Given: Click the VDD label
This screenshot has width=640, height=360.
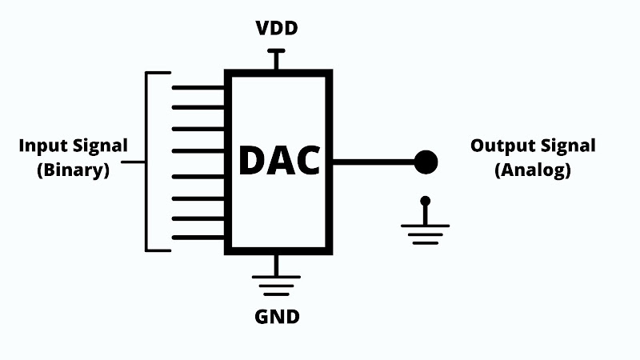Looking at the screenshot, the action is tap(277, 28).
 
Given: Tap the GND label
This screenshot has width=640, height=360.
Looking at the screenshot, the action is tap(277, 317).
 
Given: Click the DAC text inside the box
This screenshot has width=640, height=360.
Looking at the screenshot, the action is tap(279, 161).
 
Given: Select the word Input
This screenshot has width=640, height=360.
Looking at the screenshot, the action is tap(44, 146).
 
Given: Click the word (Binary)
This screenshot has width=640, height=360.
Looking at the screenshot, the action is tap(74, 170).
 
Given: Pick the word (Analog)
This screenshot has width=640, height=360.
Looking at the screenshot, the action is tap(533, 170).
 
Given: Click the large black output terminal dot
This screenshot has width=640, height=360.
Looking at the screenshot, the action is tap(426, 162).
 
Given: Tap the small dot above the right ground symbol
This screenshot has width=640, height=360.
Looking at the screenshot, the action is tap(426, 201).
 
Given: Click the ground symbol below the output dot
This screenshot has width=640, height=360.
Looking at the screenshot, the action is tap(426, 230).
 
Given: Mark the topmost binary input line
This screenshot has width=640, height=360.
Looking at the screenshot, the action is tap(198, 88).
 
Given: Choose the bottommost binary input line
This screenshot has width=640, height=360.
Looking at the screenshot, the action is tap(198, 238).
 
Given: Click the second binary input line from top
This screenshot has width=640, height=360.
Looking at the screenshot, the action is tap(198, 108).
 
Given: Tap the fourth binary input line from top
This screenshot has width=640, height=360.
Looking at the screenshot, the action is tap(198, 151).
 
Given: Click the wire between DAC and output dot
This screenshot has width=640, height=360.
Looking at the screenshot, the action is tap(374, 162).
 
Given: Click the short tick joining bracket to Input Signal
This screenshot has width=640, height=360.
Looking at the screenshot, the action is tap(133, 162).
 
